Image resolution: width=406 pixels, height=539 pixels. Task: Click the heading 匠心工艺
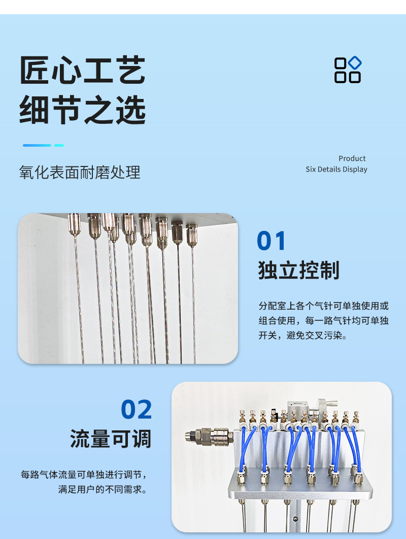83,70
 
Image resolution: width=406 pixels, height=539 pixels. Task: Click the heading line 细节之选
83,110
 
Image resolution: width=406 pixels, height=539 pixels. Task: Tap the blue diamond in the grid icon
355,63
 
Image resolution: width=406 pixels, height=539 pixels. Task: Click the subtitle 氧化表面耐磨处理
80,172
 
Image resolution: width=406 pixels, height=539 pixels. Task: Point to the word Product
352,158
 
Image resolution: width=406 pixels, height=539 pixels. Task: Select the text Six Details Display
336,169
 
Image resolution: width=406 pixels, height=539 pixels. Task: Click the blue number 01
271,241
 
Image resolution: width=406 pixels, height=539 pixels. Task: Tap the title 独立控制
299,270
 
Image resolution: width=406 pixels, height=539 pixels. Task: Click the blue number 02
137,409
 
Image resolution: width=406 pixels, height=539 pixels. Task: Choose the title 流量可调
111,439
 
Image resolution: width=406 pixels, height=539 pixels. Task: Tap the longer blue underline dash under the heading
37,145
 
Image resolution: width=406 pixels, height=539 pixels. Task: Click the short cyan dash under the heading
59,145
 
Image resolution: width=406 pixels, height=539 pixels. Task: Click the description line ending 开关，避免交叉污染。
303,335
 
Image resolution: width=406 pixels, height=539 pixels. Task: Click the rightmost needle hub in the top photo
192,235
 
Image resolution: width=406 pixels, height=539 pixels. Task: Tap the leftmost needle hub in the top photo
74,224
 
